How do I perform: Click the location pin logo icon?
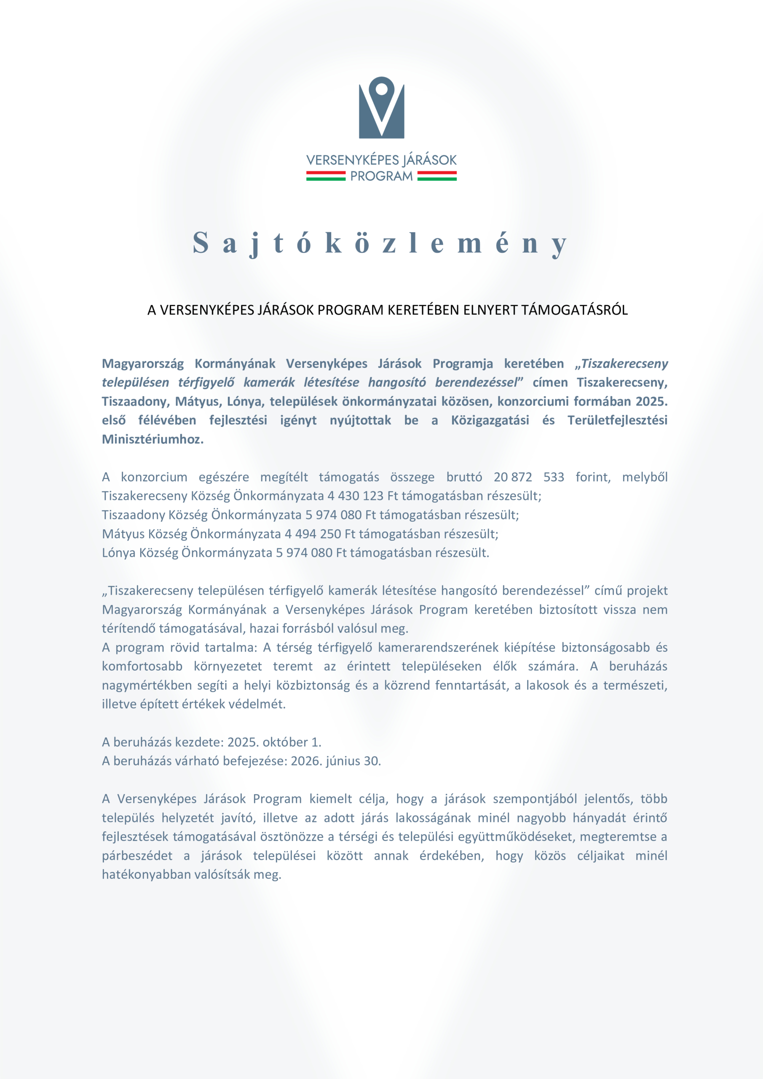pyautogui.click(x=382, y=107)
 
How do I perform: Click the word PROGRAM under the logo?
pyautogui.click(x=382, y=176)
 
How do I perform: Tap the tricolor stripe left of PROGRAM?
pyautogui.click(x=326, y=176)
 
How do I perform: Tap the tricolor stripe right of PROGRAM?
pyautogui.click(x=437, y=176)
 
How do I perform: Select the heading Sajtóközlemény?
pyautogui.click(x=380, y=243)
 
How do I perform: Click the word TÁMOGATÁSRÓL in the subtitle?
pyautogui.click(x=574, y=310)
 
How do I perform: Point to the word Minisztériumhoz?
pyautogui.click(x=153, y=440)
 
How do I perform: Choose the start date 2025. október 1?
pyautogui.click(x=274, y=742)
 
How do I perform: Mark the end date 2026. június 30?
pyautogui.click(x=336, y=761)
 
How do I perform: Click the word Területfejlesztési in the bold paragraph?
pyautogui.click(x=617, y=420)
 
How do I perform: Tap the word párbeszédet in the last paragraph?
pyautogui.click(x=137, y=855)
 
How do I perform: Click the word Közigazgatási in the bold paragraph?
pyautogui.click(x=490, y=420)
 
